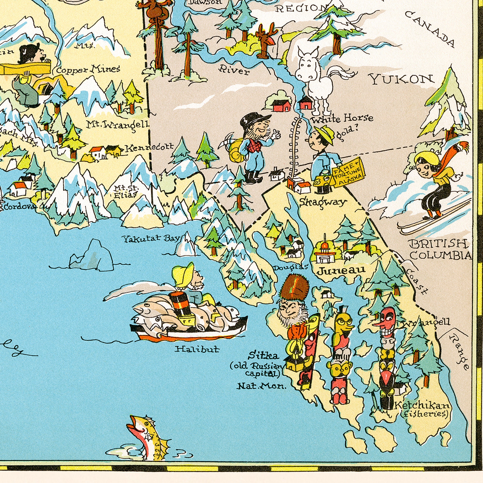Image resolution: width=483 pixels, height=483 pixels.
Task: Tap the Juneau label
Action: click(x=341, y=270)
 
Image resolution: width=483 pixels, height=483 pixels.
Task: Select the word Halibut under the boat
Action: click(x=197, y=349)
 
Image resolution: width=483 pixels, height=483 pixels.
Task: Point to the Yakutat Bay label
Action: click(x=151, y=239)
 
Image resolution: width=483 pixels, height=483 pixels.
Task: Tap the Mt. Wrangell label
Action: click(x=118, y=124)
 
